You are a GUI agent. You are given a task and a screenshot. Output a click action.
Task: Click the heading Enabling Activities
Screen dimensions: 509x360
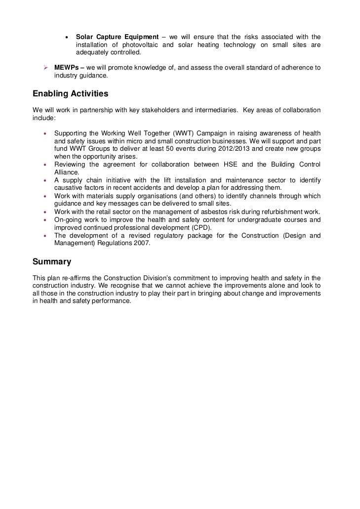click(70, 94)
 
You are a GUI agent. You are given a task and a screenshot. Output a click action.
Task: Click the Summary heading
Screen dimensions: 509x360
click(52, 261)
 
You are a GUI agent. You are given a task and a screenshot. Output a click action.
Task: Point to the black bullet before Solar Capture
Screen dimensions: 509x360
click(67, 38)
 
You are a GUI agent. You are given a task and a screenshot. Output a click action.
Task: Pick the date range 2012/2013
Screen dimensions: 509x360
click(229, 149)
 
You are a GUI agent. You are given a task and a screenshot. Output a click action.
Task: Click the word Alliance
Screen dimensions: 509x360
click(67, 172)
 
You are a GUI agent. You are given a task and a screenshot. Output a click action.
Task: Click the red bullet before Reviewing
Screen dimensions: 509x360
click(45, 164)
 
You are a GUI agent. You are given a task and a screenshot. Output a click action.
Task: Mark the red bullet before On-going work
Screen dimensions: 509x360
click(45, 219)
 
